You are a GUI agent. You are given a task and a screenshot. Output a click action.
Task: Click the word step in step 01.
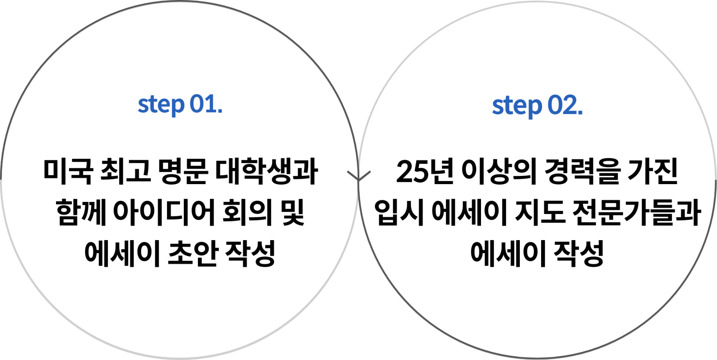[161, 105]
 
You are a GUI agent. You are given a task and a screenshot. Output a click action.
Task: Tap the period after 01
[220, 111]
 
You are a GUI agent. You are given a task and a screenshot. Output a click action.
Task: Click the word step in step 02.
[516, 106]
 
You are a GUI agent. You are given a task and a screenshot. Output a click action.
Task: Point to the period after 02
[580, 113]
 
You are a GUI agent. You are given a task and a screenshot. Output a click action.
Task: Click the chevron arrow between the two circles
[358, 176]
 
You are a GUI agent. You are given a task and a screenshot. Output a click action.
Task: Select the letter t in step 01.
[151, 104]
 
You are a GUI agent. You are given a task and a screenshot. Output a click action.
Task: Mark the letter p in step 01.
[177, 107]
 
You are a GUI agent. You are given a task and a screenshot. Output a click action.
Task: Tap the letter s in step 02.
[497, 107]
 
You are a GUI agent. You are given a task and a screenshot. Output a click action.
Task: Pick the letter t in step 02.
[506, 106]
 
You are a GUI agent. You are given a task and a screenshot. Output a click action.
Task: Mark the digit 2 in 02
[570, 105]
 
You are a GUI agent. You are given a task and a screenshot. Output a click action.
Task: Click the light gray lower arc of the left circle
[179, 357]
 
